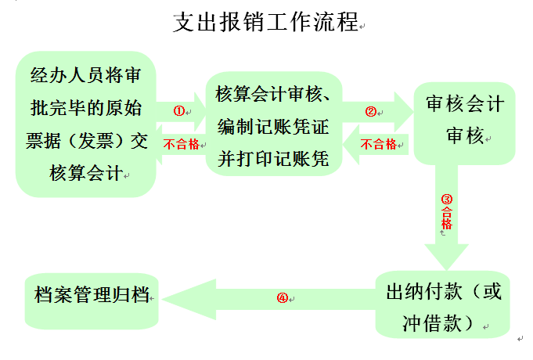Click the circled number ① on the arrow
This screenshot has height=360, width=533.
[178, 111]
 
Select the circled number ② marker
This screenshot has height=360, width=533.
[371, 111]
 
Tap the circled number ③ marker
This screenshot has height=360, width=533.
[447, 200]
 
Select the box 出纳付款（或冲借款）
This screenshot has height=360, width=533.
[443, 305]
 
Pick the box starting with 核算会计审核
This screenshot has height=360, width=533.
[274, 125]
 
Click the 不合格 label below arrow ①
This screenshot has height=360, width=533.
[180, 144]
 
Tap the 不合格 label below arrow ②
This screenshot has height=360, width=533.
[379, 144]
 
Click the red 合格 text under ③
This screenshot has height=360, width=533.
[447, 217]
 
